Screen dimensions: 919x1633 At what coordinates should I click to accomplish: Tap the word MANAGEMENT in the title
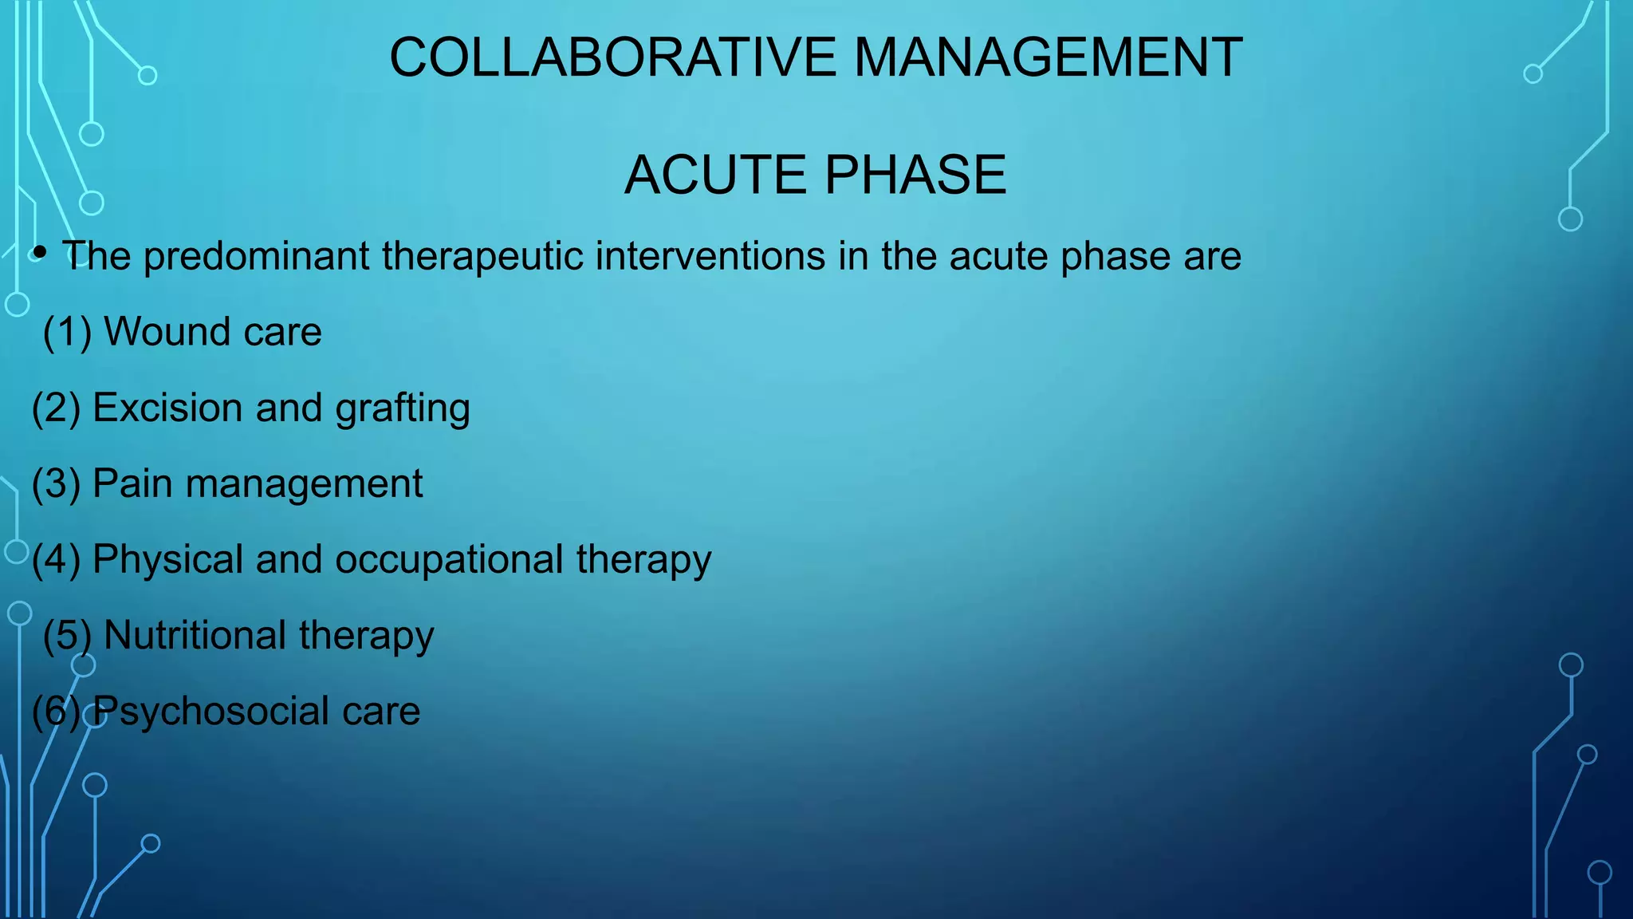click(x=1048, y=57)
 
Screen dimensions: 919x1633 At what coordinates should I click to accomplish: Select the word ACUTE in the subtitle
click(x=717, y=175)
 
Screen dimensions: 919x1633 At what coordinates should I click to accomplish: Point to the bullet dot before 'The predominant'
click(x=40, y=254)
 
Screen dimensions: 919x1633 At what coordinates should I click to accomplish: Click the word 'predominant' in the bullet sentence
click(x=257, y=257)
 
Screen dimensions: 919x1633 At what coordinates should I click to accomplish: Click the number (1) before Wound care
click(x=67, y=332)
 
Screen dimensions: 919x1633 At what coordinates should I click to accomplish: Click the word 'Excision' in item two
click(x=167, y=408)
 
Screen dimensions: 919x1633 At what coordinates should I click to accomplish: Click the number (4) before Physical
click(x=56, y=559)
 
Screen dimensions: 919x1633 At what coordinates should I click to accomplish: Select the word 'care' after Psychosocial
click(x=381, y=712)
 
